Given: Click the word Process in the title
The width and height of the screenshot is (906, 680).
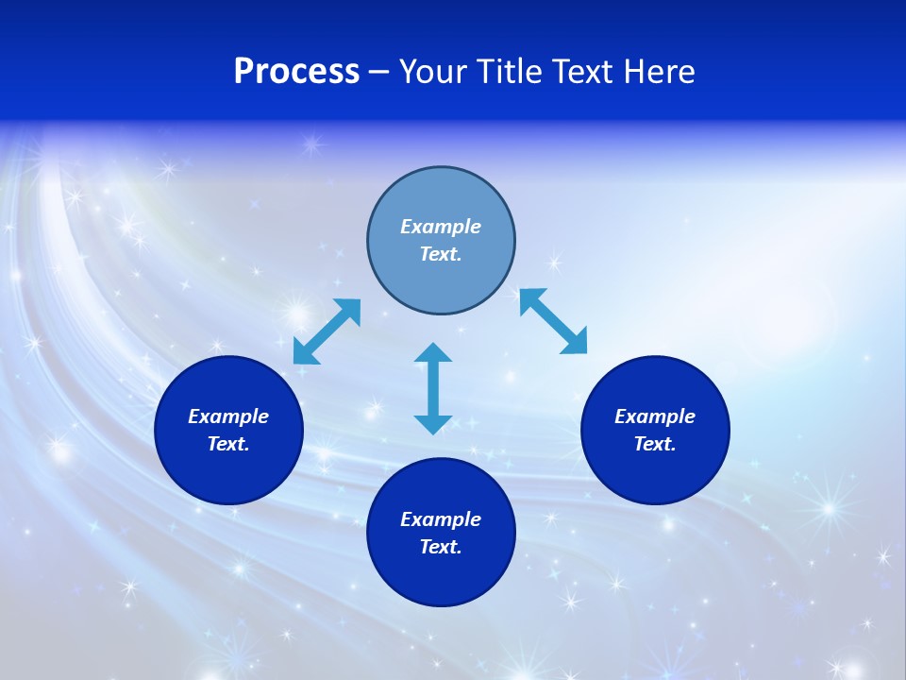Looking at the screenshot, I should pyautogui.click(x=296, y=72).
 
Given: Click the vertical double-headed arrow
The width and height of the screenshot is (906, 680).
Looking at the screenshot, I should pyautogui.click(x=433, y=388).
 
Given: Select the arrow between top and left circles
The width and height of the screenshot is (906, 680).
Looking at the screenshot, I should pyautogui.click(x=327, y=331).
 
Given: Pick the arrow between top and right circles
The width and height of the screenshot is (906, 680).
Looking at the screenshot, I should pyautogui.click(x=553, y=321).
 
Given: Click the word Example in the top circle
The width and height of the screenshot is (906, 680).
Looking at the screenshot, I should pyautogui.click(x=441, y=227).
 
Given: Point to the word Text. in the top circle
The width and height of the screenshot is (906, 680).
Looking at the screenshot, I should pyautogui.click(x=441, y=254).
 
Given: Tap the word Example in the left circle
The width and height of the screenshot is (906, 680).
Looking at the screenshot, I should pyautogui.click(x=228, y=416).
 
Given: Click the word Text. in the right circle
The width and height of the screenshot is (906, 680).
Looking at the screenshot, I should pyautogui.click(x=655, y=444).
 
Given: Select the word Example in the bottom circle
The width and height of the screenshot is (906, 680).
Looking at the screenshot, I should pyautogui.click(x=441, y=519).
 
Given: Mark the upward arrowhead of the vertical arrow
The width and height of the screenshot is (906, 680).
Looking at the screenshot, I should pyautogui.click(x=433, y=353).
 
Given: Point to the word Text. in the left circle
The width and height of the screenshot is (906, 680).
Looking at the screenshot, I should pyautogui.click(x=228, y=444).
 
